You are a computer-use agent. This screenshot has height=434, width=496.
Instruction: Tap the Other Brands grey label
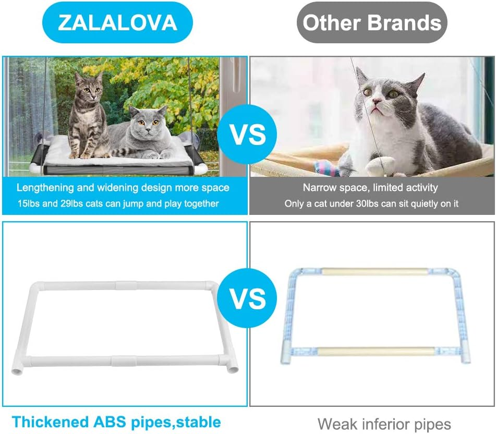pyautogui.click(x=372, y=22)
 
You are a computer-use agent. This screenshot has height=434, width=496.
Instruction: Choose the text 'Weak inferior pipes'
pyautogui.click(x=384, y=424)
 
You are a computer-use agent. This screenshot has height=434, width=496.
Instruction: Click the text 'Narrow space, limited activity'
pyautogui.click(x=370, y=187)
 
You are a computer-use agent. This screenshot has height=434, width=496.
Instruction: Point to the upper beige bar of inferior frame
pyautogui.click(x=374, y=272)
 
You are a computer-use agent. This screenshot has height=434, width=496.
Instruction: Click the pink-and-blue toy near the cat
pyautogui.click(x=329, y=168)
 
